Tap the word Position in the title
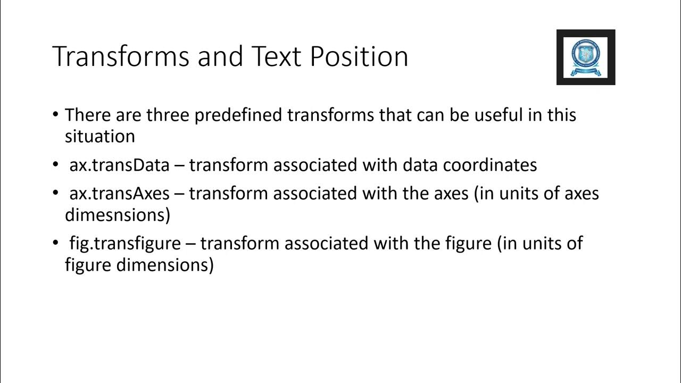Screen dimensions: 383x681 point(359,56)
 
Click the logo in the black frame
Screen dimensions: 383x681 point(586,57)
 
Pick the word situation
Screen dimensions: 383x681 point(100,136)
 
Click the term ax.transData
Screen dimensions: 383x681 point(119,165)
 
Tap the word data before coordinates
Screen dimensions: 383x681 point(420,165)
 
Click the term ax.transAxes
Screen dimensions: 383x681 point(119,193)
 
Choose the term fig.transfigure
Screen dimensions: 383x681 point(125,243)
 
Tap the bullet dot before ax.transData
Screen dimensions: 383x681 point(56,165)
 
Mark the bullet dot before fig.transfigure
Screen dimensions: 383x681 point(56,243)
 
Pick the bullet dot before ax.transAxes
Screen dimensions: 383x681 point(56,193)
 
